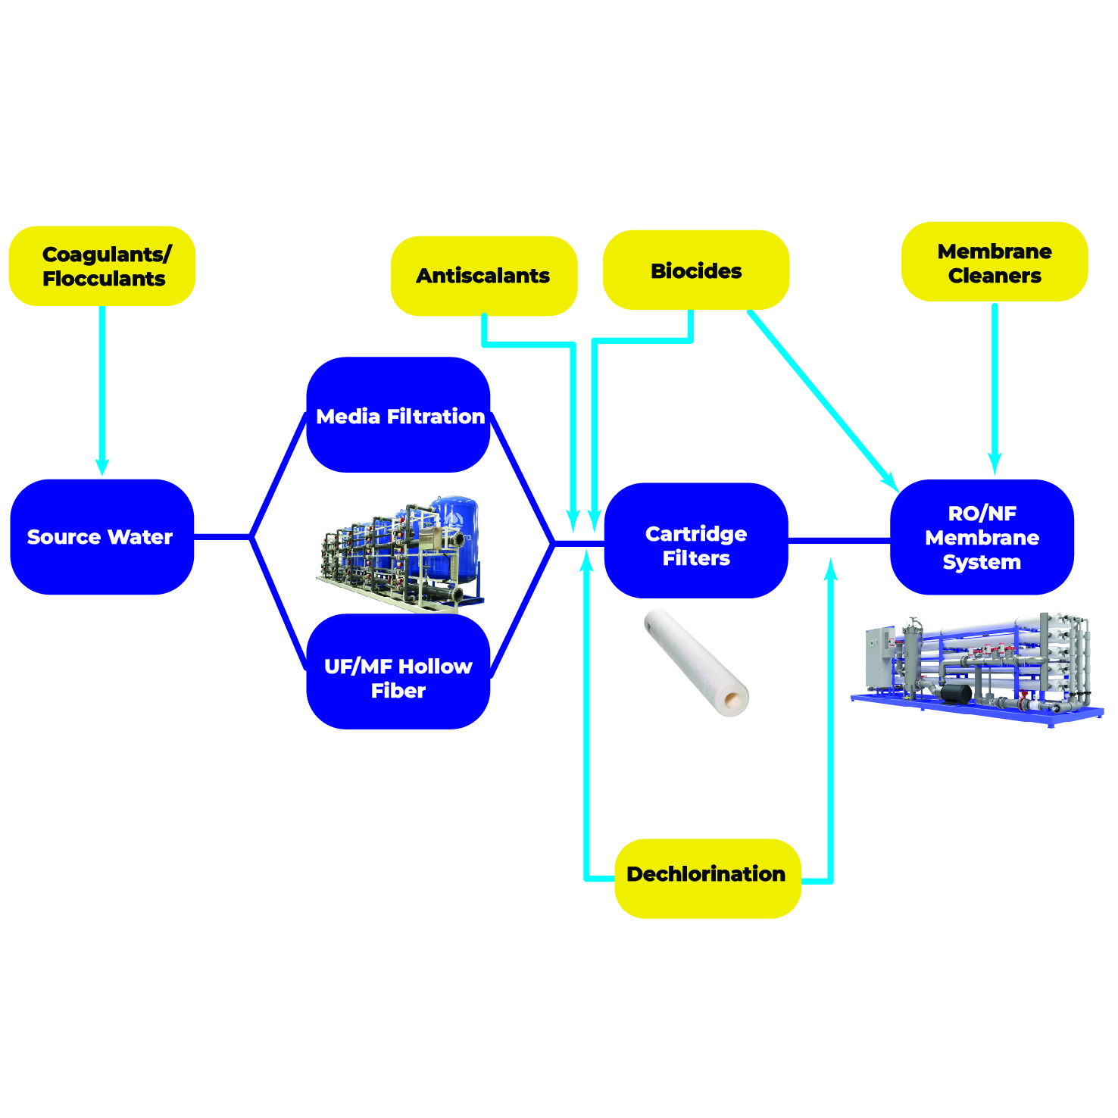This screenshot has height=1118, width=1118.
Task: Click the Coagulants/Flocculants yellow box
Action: pos(102,266)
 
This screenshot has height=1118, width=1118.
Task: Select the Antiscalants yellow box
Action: pos(483,276)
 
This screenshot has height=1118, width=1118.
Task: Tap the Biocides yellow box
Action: pos(695,270)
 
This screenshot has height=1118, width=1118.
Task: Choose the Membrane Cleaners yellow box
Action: pos(994,262)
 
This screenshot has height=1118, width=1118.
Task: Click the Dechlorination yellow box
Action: pos(707,878)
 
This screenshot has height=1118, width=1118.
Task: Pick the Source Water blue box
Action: pos(101,536)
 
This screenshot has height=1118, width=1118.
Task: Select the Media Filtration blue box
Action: pos(398,415)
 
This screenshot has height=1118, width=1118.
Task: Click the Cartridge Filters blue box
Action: pos(696,540)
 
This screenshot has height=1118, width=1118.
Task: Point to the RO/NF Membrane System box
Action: pos(982,537)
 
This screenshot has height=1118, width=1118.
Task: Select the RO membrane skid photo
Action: pos(977,667)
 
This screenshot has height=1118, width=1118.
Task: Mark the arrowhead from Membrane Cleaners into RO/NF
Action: pos(995,464)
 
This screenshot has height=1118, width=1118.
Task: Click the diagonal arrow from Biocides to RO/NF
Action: pos(822,398)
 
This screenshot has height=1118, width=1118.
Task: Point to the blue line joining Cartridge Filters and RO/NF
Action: pos(839,540)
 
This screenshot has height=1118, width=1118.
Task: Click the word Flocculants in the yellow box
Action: pos(104,279)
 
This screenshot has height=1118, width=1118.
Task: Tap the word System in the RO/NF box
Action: pos(982,562)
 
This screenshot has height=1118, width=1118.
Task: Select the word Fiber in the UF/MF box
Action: pos(398,691)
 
